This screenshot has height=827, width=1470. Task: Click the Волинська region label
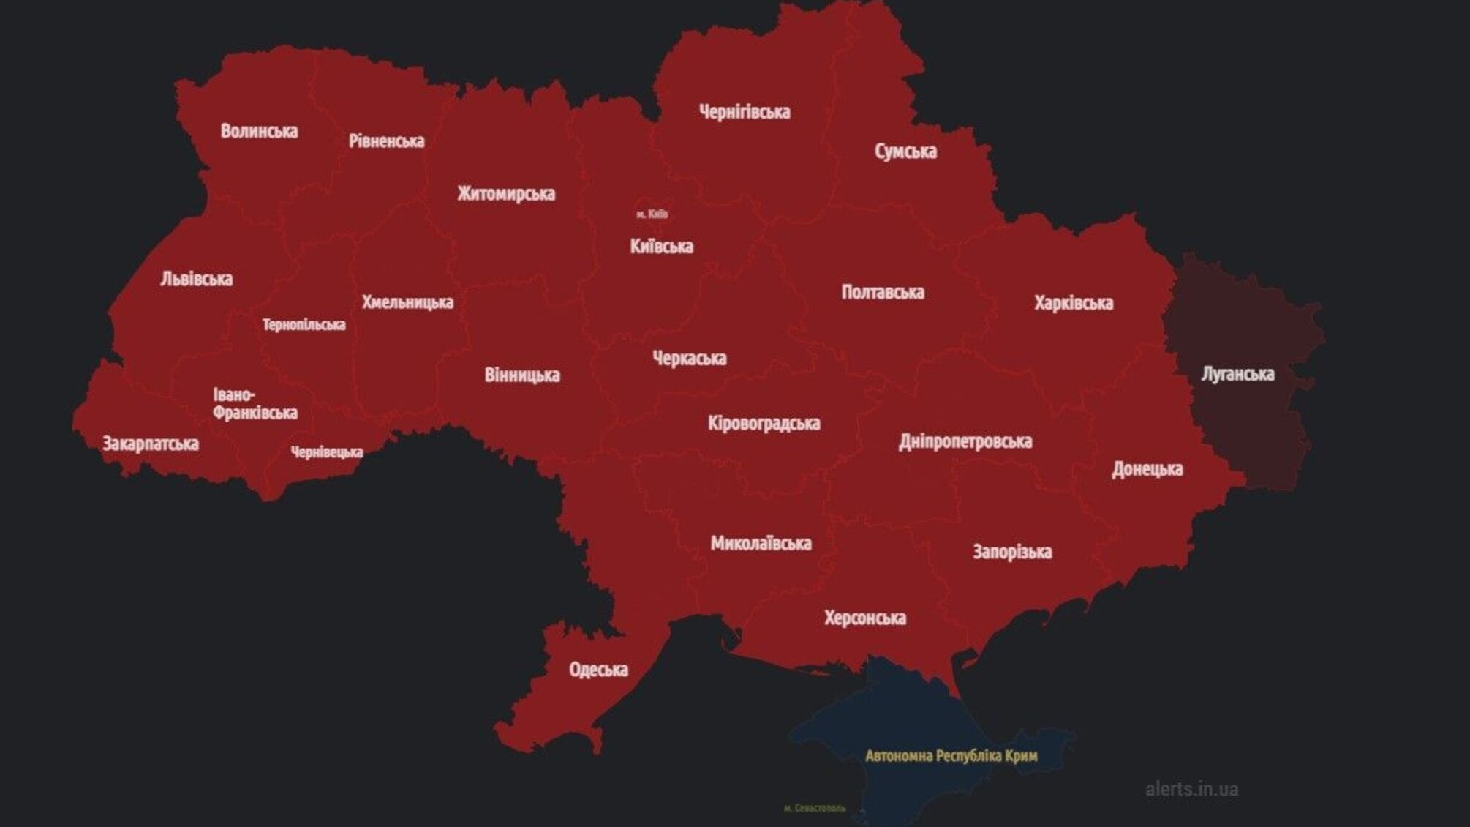pyautogui.click(x=259, y=131)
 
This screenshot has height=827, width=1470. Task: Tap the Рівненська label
pyautogui.click(x=386, y=141)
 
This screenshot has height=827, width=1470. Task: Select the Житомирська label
pyautogui.click(x=506, y=194)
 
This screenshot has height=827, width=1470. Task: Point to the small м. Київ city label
pyautogui.click(x=652, y=214)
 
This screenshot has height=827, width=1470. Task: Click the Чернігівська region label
pyautogui.click(x=745, y=112)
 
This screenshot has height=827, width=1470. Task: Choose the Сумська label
pyautogui.click(x=905, y=151)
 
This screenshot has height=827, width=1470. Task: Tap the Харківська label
pyautogui.click(x=1074, y=303)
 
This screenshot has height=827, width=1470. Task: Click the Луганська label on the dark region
pyautogui.click(x=1237, y=374)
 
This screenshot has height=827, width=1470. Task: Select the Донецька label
pyautogui.click(x=1147, y=469)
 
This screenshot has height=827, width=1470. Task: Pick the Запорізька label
pyautogui.click(x=1012, y=552)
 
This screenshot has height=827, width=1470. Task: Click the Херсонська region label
pyautogui.click(x=865, y=618)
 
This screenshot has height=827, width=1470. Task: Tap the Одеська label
pyautogui.click(x=598, y=670)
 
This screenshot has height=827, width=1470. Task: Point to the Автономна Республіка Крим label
pyautogui.click(x=951, y=756)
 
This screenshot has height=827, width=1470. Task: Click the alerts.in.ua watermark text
pyautogui.click(x=1191, y=790)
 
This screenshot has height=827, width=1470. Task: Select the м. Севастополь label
pyautogui.click(x=814, y=808)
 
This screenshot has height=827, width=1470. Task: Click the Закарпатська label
pyautogui.click(x=151, y=444)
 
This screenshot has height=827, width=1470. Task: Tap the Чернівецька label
pyautogui.click(x=326, y=452)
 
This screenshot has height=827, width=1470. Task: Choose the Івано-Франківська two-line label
pyautogui.click(x=255, y=404)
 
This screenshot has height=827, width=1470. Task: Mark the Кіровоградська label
pyautogui.click(x=764, y=423)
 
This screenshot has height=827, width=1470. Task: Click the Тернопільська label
pyautogui.click(x=304, y=325)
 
